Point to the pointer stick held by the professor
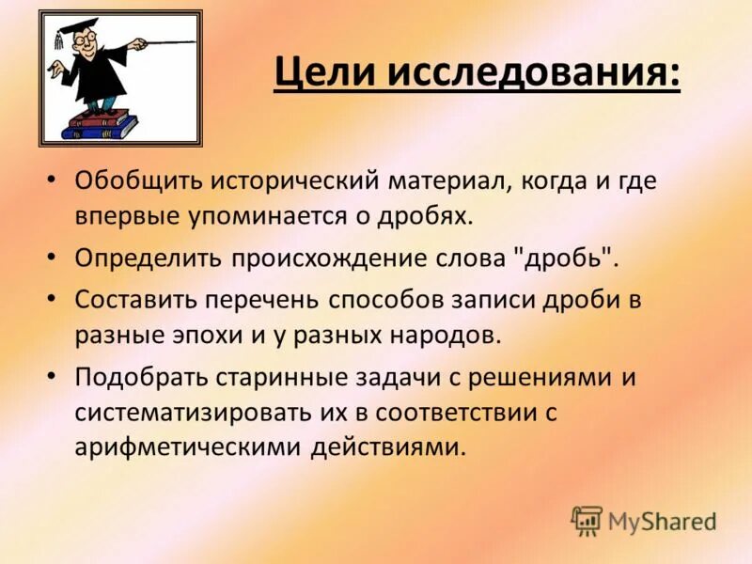pos(160,43)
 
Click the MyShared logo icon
pos(587,520)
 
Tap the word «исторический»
pos(281,181)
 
